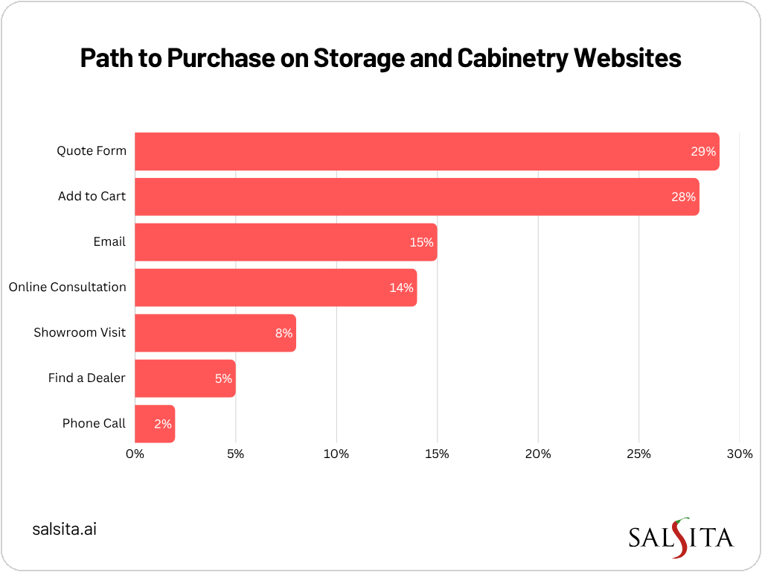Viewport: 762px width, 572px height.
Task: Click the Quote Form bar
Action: pos(426,151)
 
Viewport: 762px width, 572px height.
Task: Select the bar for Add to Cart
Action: pos(417,197)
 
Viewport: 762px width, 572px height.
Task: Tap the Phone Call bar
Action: pos(155,424)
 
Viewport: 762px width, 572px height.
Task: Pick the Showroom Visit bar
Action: pos(215,333)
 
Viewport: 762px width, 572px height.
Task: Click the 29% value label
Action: pos(702,151)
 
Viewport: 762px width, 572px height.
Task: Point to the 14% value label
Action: pos(401,287)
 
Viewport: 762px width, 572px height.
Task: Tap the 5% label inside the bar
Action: pos(223,378)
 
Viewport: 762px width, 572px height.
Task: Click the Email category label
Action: pos(109,242)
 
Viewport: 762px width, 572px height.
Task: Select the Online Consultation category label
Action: pos(67,287)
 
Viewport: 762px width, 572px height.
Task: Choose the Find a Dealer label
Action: pos(86,378)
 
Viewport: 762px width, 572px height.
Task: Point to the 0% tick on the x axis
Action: pos(135,454)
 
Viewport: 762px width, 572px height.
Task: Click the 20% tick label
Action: pos(538,454)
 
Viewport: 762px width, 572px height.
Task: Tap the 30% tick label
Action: pos(739,454)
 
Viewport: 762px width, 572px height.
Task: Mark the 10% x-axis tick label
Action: pos(336,454)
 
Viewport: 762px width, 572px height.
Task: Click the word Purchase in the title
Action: pos(222,59)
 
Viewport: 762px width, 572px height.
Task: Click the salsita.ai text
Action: pos(65,530)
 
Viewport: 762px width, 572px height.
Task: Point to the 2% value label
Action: pos(163,424)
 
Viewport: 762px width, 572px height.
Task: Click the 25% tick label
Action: pos(638,454)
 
